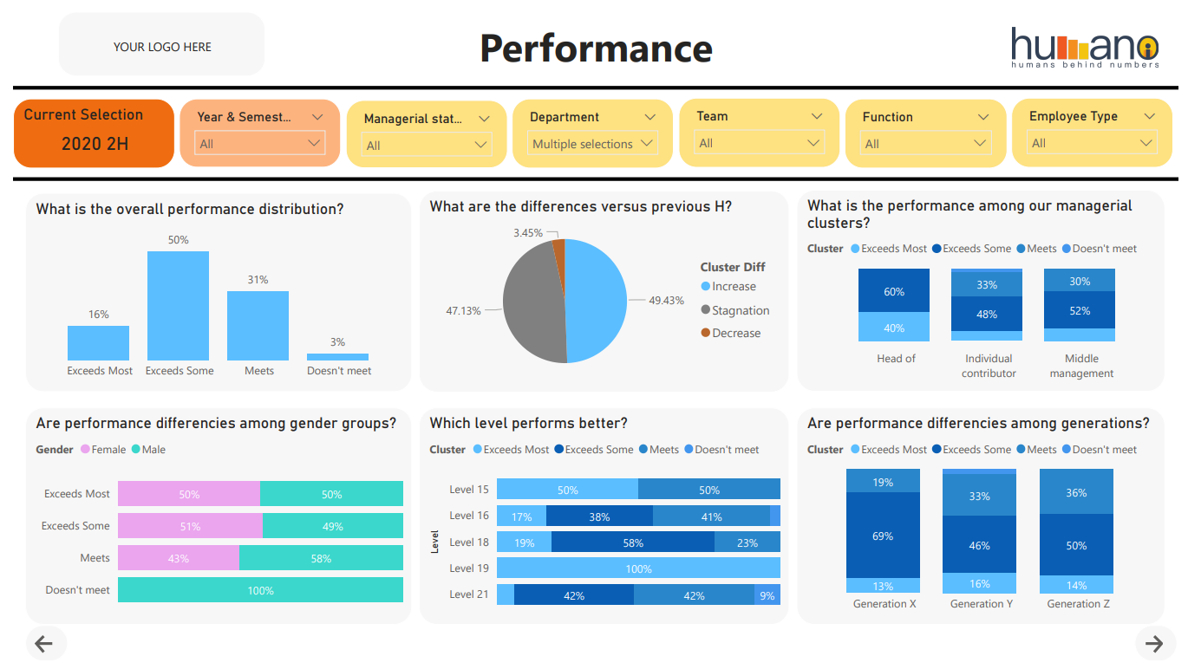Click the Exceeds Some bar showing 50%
(x=178, y=305)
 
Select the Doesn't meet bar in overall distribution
(x=337, y=356)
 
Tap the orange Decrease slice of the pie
(x=559, y=254)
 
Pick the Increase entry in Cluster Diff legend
(x=734, y=287)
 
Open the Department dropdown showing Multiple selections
(x=592, y=144)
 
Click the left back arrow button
(x=43, y=643)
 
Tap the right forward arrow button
(x=1153, y=643)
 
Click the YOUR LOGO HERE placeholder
(x=162, y=47)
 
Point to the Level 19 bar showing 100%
(x=638, y=568)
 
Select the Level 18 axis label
(x=469, y=542)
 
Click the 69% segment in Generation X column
(x=883, y=536)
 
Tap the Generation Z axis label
(x=1078, y=604)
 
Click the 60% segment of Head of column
(x=894, y=292)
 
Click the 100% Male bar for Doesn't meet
(x=260, y=590)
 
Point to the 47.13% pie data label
(x=463, y=310)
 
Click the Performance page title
(x=596, y=49)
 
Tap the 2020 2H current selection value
(x=95, y=144)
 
